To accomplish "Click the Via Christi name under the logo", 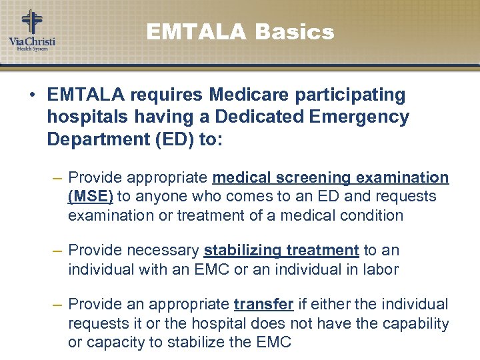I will point(32,42).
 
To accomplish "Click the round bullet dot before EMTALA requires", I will point(32,95).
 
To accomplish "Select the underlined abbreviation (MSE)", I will point(91,196).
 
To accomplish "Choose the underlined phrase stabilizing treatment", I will point(281,250).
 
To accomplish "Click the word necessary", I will point(167,250).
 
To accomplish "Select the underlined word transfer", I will point(264,304).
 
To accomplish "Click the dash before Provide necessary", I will point(57,250).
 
